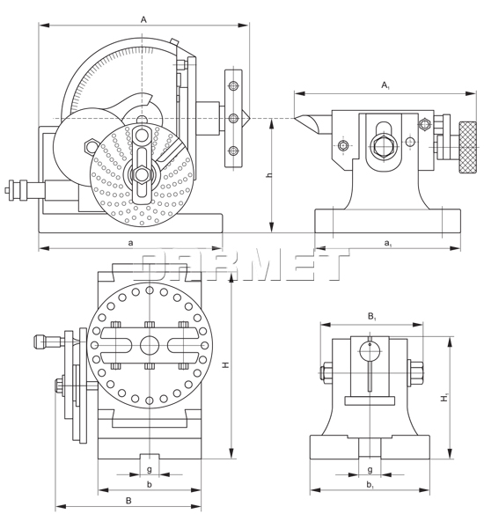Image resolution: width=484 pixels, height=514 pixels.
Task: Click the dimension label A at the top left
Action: tap(143, 18)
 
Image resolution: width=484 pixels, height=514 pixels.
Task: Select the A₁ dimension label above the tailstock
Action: tap(385, 85)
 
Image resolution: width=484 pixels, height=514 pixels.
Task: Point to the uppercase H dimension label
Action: tap(225, 363)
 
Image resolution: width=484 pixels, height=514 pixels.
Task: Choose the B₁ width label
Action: tap(372, 314)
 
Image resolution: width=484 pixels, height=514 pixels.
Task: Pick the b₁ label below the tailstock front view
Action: tap(370, 484)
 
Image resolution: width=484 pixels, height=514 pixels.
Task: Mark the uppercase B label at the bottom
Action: tap(128, 500)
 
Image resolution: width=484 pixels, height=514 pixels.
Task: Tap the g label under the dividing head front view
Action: tap(150, 470)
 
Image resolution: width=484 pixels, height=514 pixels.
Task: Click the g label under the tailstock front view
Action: tap(370, 470)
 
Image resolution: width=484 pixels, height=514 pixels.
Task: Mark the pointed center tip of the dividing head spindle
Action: tap(252, 117)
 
